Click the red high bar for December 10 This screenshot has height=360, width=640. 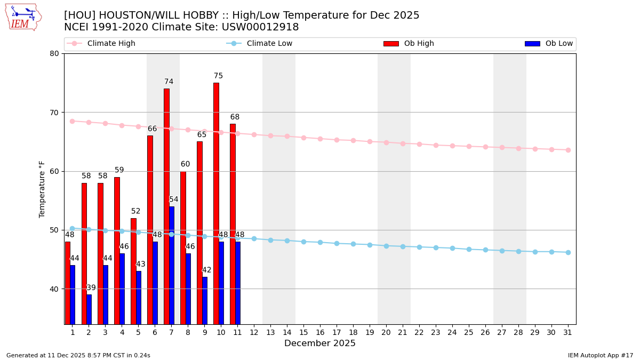click(x=216, y=203)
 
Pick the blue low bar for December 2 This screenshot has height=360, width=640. click(x=89, y=309)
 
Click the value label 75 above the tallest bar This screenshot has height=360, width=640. click(x=218, y=76)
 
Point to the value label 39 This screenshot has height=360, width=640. click(x=91, y=288)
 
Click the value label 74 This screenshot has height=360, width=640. click(x=169, y=82)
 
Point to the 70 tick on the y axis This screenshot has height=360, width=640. click(x=54, y=113)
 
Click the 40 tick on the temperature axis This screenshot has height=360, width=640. click(x=54, y=289)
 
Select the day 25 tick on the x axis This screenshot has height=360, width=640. click(x=469, y=332)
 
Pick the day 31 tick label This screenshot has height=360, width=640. click(x=568, y=332)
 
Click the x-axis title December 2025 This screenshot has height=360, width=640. click(x=320, y=343)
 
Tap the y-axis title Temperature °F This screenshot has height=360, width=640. click(x=42, y=189)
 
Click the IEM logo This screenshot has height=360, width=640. click(x=23, y=17)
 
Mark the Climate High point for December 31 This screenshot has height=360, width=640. click(x=568, y=150)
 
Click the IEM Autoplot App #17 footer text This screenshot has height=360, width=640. click(x=600, y=355)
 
